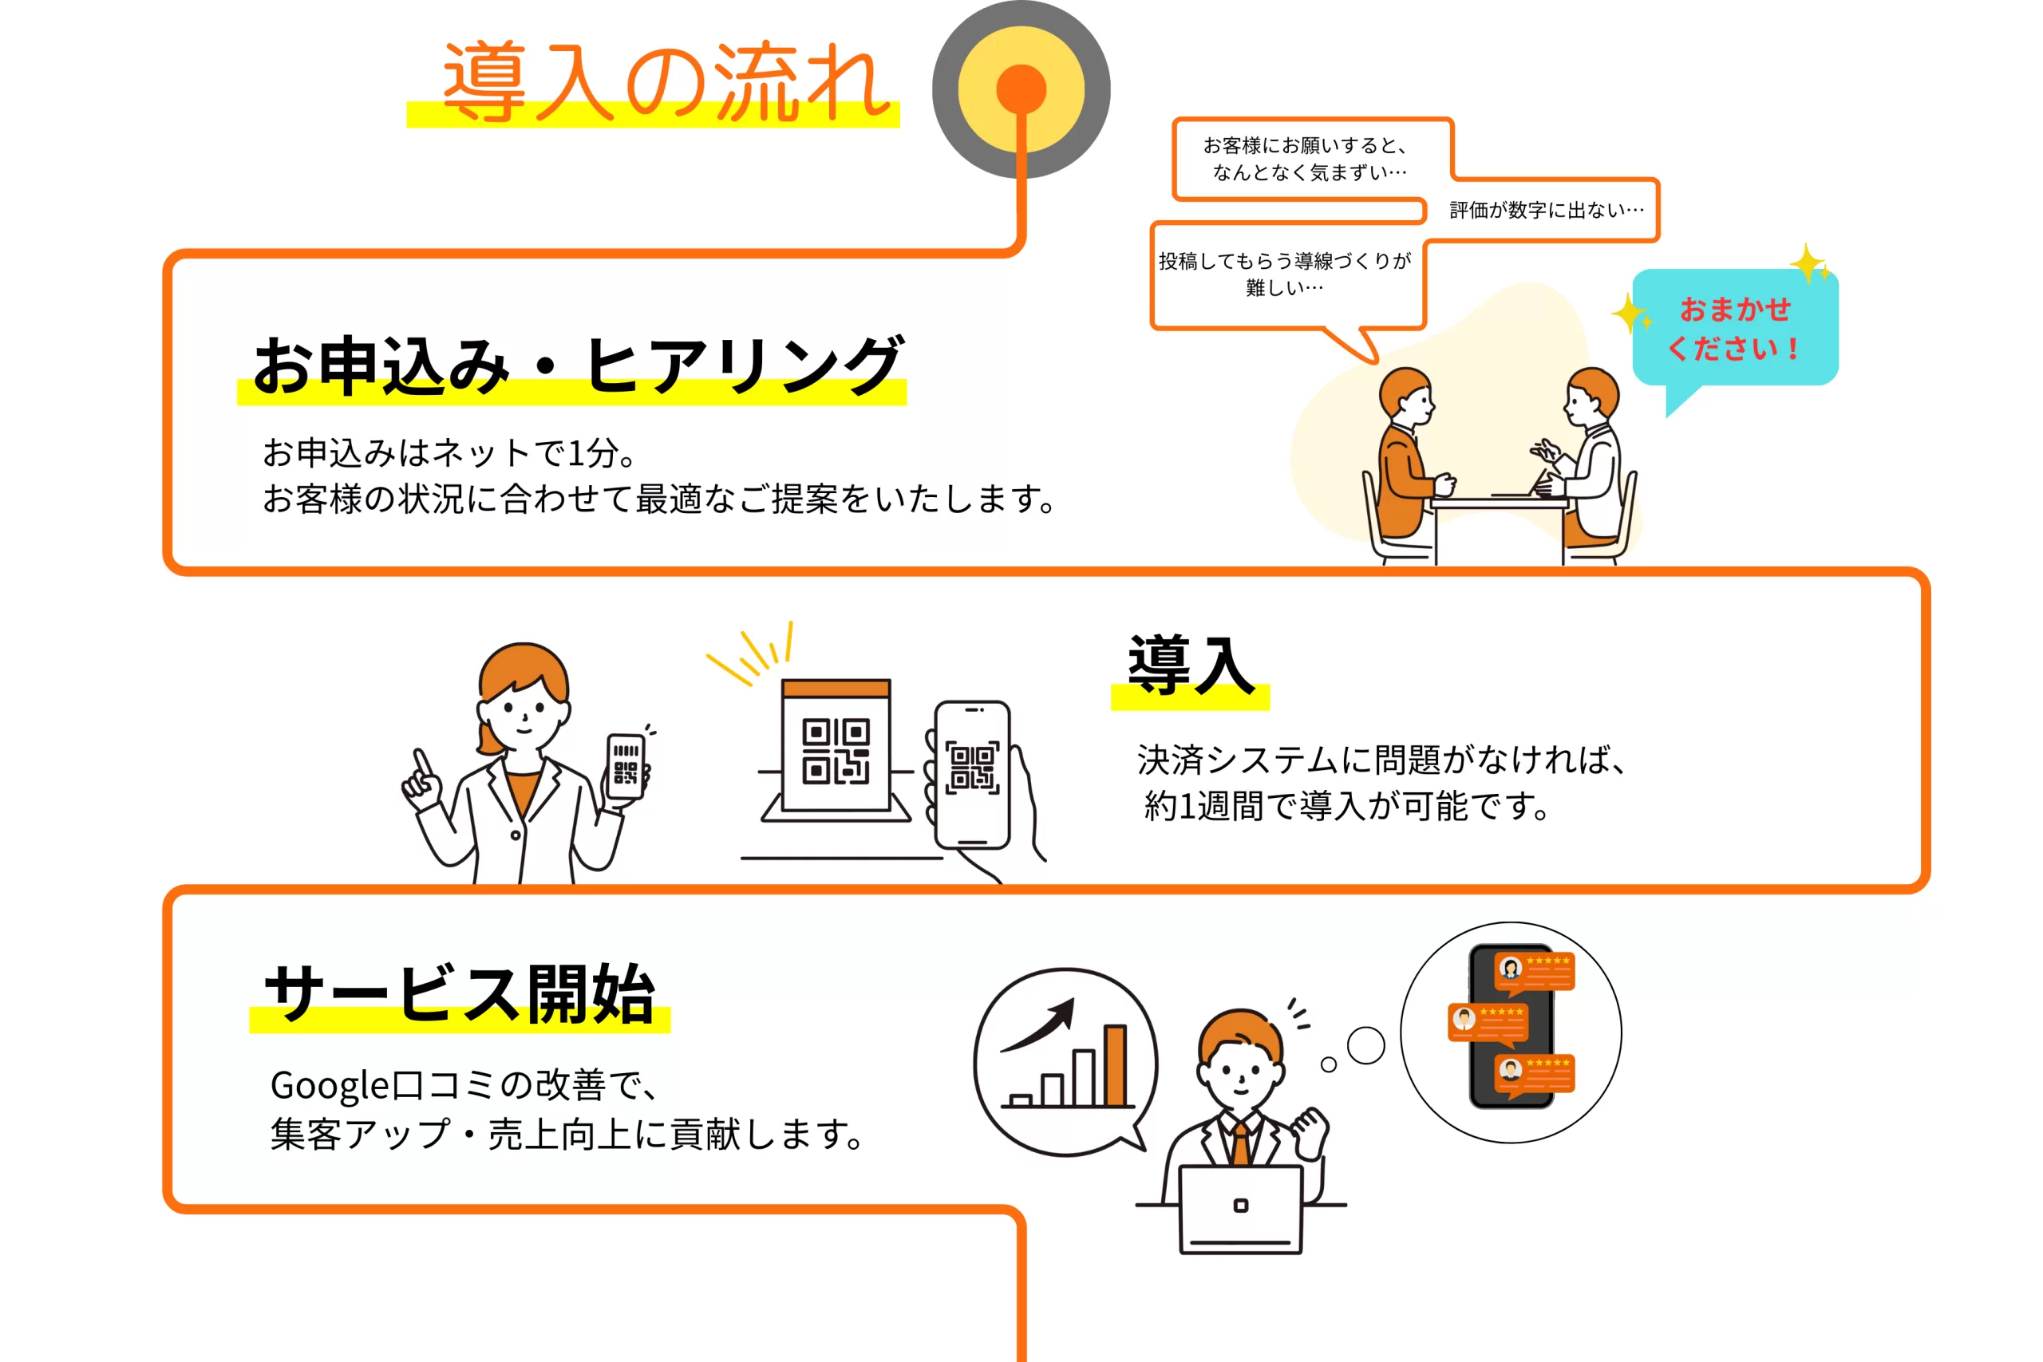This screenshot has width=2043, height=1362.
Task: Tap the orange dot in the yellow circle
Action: coord(1021,89)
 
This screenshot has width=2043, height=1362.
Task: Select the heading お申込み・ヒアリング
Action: coord(579,365)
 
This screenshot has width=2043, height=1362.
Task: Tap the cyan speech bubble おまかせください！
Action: coord(1735,330)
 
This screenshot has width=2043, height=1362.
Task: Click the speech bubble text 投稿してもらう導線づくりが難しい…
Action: coord(1285,274)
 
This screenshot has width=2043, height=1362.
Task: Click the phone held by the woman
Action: coord(626,766)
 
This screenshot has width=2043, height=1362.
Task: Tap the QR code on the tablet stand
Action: coord(836,752)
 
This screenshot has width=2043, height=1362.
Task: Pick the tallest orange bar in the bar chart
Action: coord(1116,1065)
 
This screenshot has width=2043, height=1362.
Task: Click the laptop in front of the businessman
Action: coord(1240,1210)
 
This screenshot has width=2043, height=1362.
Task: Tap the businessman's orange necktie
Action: coord(1240,1145)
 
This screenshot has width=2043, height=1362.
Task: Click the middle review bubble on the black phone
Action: coord(1487,1023)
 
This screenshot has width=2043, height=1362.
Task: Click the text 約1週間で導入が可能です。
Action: coord(1347,806)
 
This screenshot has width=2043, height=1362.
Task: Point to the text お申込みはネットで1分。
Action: coord(452,452)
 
